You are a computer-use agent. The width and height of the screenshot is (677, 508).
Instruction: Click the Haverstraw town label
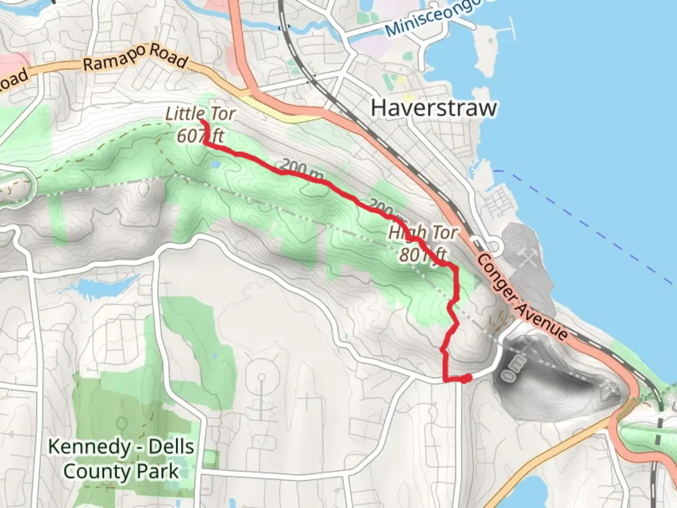pyautogui.click(x=433, y=108)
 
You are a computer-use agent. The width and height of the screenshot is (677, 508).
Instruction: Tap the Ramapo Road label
pyautogui.click(x=135, y=58)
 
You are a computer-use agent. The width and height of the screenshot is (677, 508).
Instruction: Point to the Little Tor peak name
pyautogui.click(x=200, y=113)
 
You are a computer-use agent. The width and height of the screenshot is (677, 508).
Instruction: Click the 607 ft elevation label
pyautogui.click(x=200, y=136)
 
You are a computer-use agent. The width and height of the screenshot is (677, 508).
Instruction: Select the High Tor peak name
pyautogui.click(x=423, y=232)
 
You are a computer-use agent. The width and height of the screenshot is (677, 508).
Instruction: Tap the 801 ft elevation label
pyautogui.click(x=423, y=254)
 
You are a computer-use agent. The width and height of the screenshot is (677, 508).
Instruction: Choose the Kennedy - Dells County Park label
pyautogui.click(x=121, y=459)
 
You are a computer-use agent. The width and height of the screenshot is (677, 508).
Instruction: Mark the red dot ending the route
pyautogui.click(x=466, y=378)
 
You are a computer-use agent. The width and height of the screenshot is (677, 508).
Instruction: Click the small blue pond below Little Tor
pyautogui.click(x=215, y=165)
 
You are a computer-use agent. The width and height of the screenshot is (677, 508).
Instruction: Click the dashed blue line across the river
pyautogui.click(x=588, y=226)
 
